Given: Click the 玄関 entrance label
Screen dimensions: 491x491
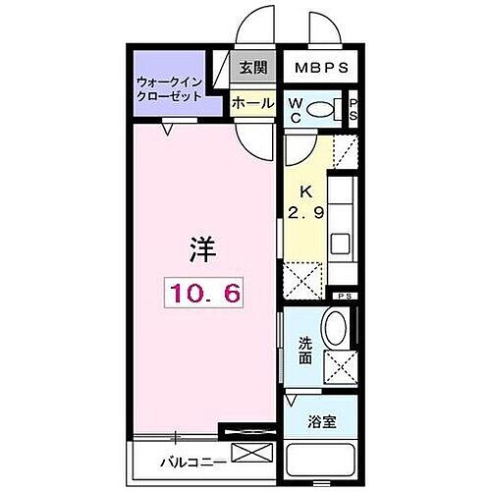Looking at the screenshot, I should (252, 69).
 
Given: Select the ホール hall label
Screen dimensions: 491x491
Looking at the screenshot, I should (251, 101).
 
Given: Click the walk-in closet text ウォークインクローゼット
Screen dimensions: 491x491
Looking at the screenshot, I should (170, 90).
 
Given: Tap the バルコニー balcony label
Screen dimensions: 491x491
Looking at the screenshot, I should (179, 460).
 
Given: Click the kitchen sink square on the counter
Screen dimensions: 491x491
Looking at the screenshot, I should (340, 243).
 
